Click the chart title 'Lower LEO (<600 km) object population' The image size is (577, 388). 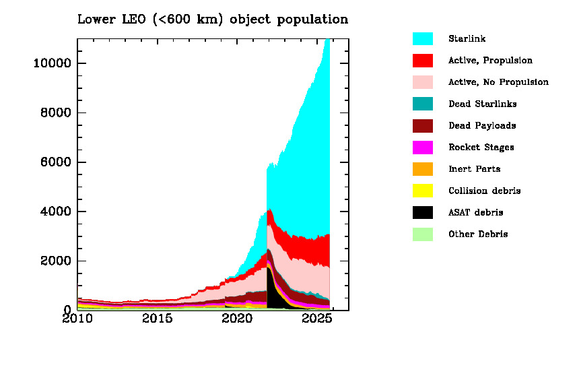(213, 19)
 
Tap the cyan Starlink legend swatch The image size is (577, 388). (422, 38)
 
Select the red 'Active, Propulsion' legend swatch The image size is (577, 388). (422, 60)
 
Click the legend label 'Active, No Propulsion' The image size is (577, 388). (498, 82)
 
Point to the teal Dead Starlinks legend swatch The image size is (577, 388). (422, 104)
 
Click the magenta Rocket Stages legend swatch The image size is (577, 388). (422, 147)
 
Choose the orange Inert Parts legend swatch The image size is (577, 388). (422, 169)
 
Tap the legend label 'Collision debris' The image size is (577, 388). (484, 191)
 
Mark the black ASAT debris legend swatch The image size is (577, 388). (422, 212)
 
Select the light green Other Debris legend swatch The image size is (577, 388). (422, 234)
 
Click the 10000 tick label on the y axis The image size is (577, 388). (52, 63)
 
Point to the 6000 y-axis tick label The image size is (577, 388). (55, 162)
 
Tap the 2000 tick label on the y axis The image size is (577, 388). (55, 261)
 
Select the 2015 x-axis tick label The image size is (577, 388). (157, 319)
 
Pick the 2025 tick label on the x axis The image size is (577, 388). (316, 319)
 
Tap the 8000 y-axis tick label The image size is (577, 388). (55, 112)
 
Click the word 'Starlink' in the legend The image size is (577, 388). (467, 38)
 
